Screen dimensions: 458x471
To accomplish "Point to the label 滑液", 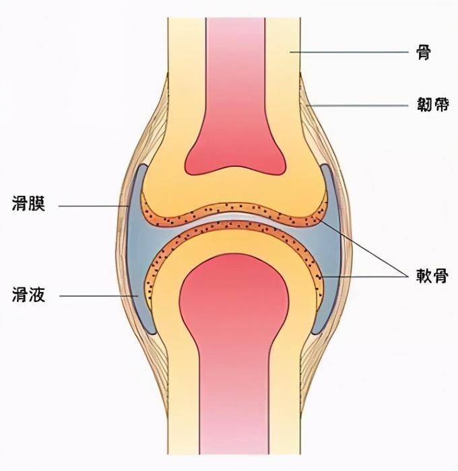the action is click(x=29, y=295).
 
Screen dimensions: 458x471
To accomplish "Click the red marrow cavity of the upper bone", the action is click(x=235, y=101).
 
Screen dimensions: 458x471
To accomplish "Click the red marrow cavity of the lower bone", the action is click(x=235, y=350).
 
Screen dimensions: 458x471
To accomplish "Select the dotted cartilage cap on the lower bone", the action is click(x=236, y=231).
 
